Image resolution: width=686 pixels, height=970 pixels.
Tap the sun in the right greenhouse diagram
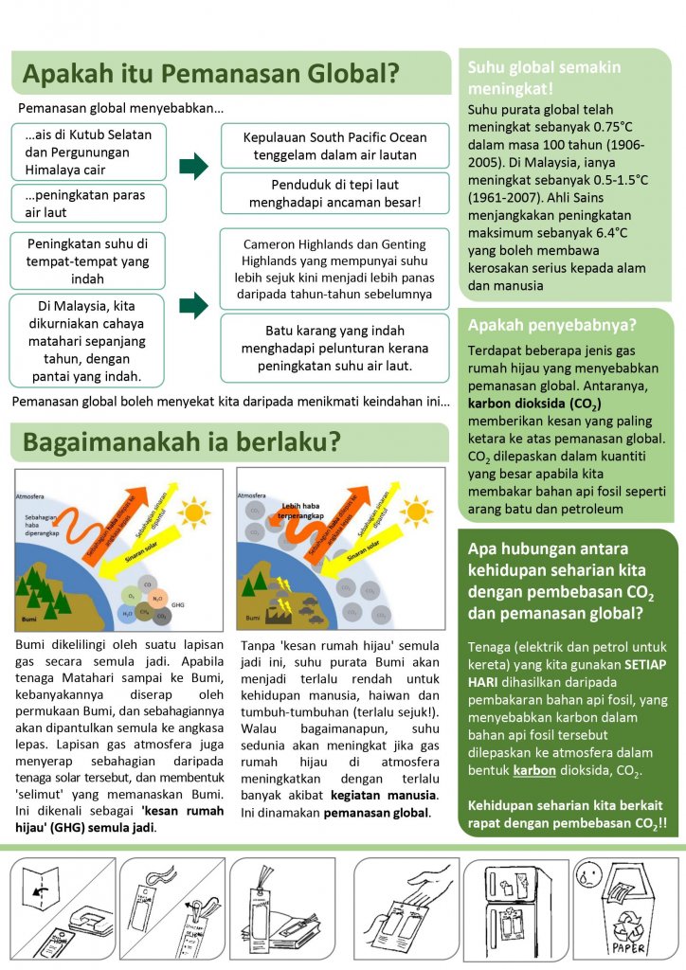(x=416, y=512)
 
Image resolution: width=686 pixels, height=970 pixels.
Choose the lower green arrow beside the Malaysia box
(x=193, y=305)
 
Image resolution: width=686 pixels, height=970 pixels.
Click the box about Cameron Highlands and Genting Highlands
(x=334, y=269)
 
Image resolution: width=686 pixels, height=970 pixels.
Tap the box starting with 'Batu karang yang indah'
(x=334, y=348)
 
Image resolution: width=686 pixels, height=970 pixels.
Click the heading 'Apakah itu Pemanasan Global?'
(x=209, y=74)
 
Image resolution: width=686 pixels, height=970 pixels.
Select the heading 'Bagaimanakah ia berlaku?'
(x=182, y=441)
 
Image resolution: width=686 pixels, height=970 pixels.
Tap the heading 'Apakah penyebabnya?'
(x=552, y=326)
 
